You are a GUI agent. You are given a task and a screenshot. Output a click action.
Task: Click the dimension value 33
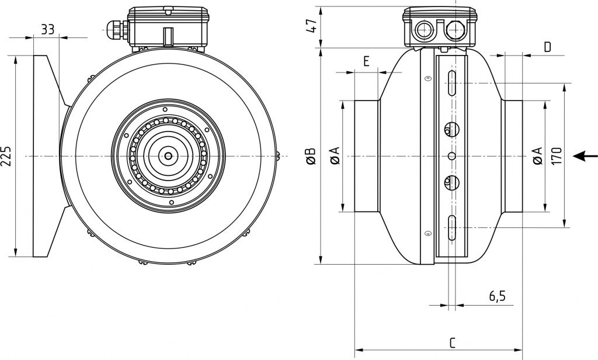(x=48, y=29)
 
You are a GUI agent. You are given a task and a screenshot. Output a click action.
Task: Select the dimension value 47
(x=311, y=26)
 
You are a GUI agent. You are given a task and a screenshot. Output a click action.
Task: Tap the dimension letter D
(x=547, y=47)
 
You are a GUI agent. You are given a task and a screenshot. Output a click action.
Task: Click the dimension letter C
(x=453, y=342)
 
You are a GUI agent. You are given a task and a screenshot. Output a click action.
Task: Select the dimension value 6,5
(x=497, y=296)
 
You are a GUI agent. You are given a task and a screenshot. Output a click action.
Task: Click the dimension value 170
(x=556, y=156)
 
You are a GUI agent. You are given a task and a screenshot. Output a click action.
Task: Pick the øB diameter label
(x=311, y=156)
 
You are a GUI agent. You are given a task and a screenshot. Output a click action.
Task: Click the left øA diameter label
(x=335, y=156)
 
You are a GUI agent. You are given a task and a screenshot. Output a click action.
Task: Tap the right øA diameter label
(x=537, y=156)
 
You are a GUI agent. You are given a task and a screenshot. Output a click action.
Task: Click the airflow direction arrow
(x=586, y=156)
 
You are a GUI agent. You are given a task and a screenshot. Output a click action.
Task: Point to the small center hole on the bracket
(x=451, y=155)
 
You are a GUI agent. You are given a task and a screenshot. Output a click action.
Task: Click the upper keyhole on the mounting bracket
(x=451, y=129)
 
